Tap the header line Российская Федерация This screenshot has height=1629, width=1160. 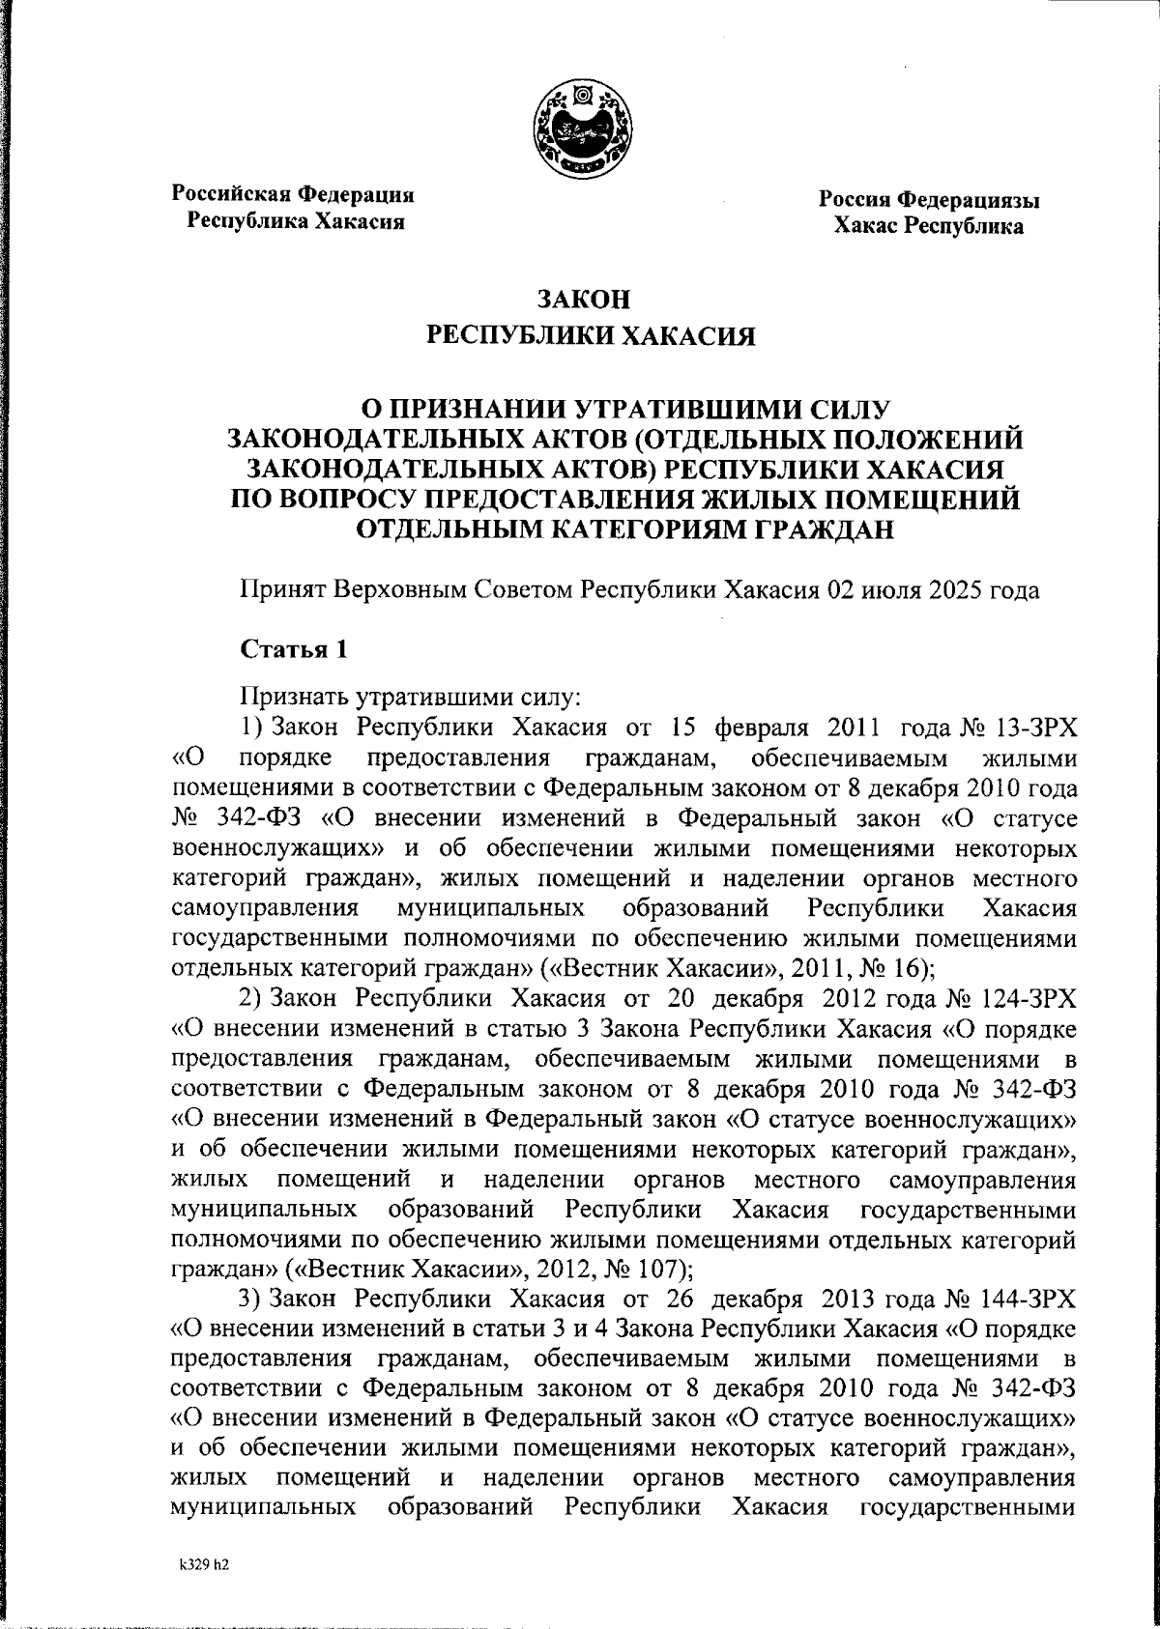point(294,193)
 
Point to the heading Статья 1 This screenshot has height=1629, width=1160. point(293,649)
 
